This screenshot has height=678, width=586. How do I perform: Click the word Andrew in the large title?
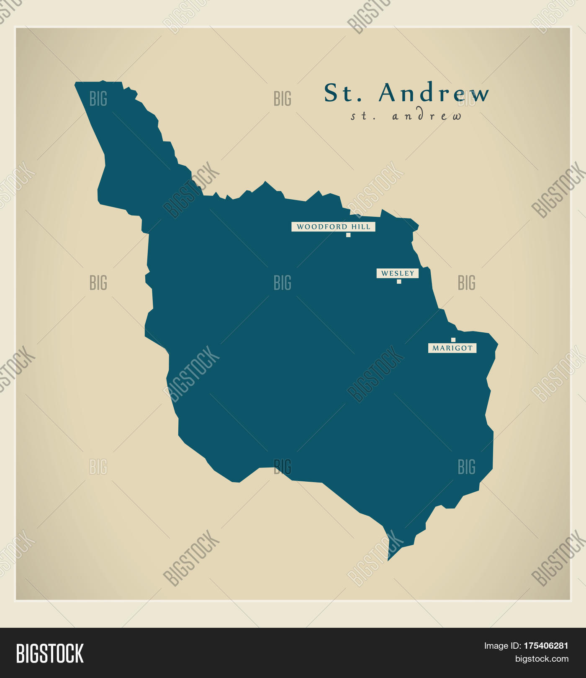434,92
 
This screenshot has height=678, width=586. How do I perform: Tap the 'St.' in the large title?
342,92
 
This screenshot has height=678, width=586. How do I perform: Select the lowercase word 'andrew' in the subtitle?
427,116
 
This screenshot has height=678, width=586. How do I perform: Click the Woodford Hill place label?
333,227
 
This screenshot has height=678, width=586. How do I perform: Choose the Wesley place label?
398,273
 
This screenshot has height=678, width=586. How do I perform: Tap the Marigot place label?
452,348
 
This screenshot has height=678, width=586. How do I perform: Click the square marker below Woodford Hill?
348,235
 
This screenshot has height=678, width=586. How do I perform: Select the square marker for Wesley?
399,282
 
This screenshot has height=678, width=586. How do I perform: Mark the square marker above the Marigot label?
453,340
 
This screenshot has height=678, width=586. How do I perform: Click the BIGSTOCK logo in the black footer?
50,654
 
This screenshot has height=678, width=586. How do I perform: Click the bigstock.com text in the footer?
542,659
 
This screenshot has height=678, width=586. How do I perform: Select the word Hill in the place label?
361,227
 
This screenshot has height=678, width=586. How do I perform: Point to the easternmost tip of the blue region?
498,345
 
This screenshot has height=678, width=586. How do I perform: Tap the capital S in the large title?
331,92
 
